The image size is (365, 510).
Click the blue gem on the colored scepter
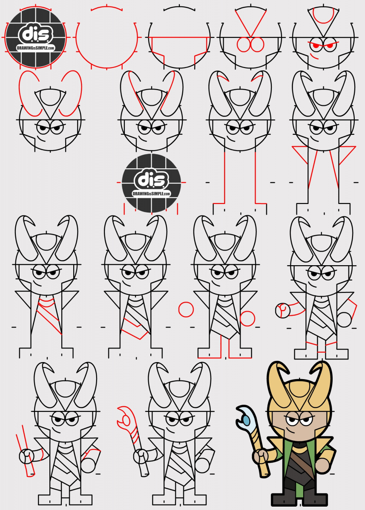pyautogui.click(x=246, y=420)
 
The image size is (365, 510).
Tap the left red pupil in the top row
pyautogui.click(x=316, y=46)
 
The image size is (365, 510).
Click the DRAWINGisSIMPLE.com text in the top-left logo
pyautogui.click(x=36, y=48)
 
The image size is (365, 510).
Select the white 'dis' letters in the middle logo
pyautogui.click(x=151, y=180)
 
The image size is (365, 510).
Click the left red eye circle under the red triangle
pyautogui.click(x=244, y=45)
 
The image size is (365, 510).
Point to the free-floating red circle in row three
pyautogui.click(x=186, y=310)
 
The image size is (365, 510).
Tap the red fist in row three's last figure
pyautogui.click(x=283, y=311)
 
